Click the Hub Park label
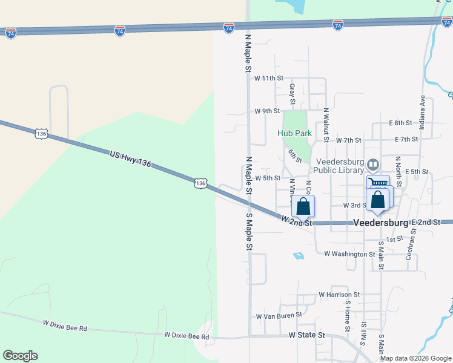point(294,132)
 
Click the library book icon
point(374,164)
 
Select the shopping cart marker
point(379,183)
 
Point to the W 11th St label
point(269,78)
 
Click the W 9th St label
point(267,111)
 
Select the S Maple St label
point(248,232)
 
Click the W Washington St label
point(349,254)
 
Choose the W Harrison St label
point(339,295)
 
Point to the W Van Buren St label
point(279,316)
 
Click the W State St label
point(307,335)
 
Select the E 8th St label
point(400,123)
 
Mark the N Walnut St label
point(326,125)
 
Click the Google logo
point(21,355)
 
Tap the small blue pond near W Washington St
point(299,256)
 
